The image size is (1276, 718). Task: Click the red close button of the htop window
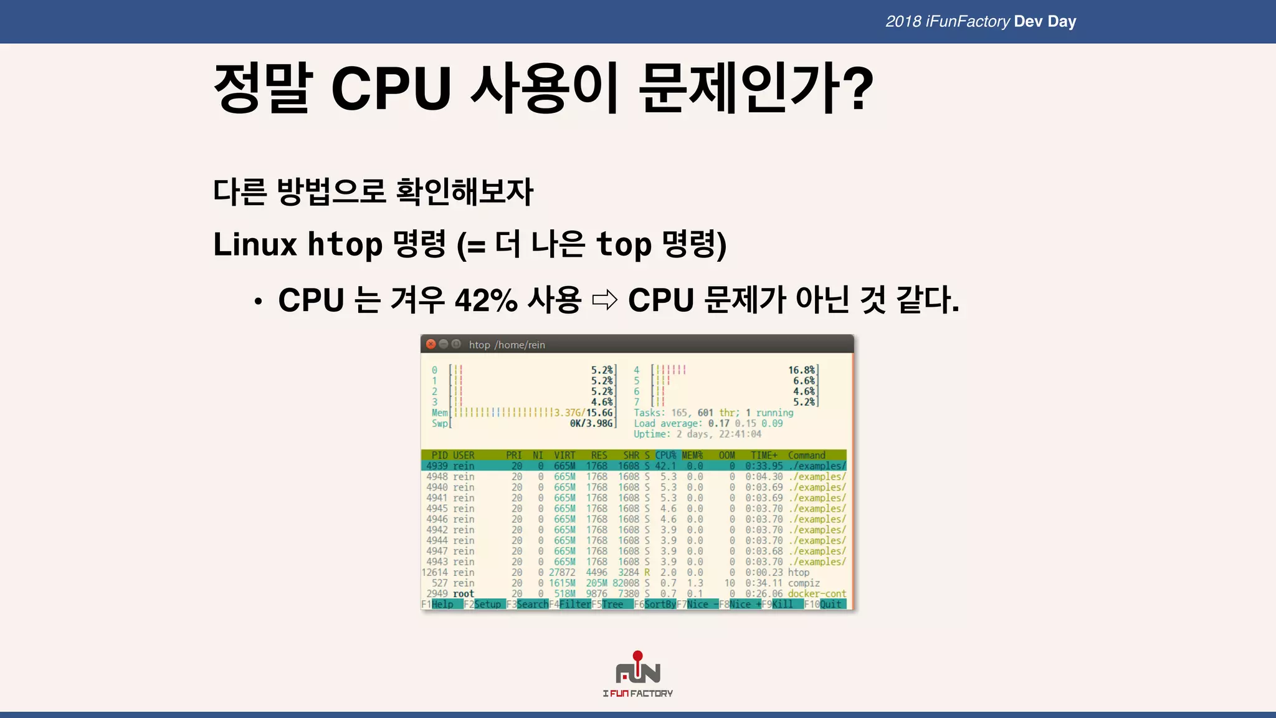click(x=431, y=344)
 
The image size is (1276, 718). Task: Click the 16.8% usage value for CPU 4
click(x=801, y=370)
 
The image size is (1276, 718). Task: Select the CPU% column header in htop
click(x=665, y=455)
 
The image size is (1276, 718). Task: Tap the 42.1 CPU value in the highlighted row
click(x=665, y=466)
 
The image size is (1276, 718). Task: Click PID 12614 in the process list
click(x=434, y=573)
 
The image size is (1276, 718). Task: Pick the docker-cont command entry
click(x=817, y=594)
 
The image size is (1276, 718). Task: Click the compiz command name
click(x=804, y=583)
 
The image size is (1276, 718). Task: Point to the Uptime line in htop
click(x=697, y=434)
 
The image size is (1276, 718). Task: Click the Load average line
click(x=708, y=424)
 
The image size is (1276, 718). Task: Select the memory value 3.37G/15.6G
click(x=583, y=413)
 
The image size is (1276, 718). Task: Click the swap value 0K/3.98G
click(x=591, y=424)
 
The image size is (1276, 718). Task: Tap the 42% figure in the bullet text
click(x=486, y=300)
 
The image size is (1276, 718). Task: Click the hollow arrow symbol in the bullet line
click(x=604, y=300)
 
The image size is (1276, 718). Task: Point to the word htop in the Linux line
click(x=345, y=244)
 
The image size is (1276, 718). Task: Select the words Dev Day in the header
click(x=1045, y=22)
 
